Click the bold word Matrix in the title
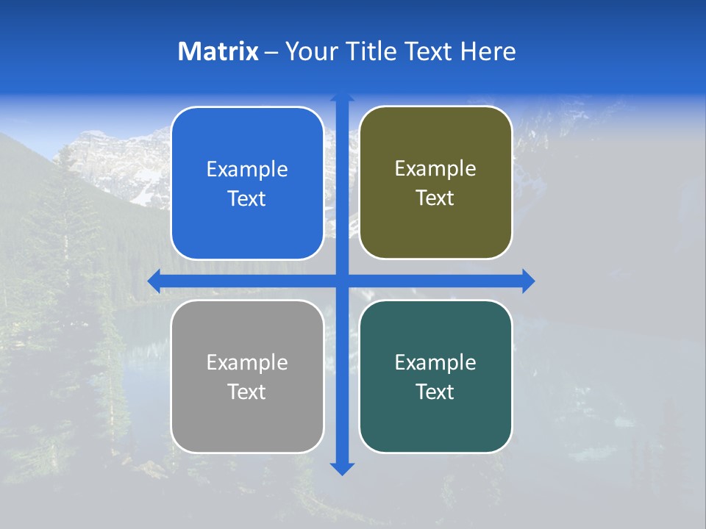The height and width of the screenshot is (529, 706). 218,51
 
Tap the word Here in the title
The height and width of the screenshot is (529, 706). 488,51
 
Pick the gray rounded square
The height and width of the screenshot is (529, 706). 247,426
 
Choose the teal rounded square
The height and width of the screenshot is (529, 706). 435,426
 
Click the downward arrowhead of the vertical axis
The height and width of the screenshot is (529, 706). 342,469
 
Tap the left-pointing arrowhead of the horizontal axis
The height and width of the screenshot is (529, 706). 154,281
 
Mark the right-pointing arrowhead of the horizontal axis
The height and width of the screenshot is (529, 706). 528,281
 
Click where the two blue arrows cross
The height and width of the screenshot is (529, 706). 342,281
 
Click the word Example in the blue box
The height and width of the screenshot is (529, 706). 247,170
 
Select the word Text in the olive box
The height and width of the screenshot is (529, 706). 435,198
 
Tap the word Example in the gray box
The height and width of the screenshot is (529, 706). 247,362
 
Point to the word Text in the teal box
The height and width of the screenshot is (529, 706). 435,392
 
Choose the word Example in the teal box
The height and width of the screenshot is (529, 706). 435,362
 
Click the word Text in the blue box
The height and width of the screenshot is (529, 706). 247,199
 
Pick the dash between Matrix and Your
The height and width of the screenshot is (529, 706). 271,52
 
